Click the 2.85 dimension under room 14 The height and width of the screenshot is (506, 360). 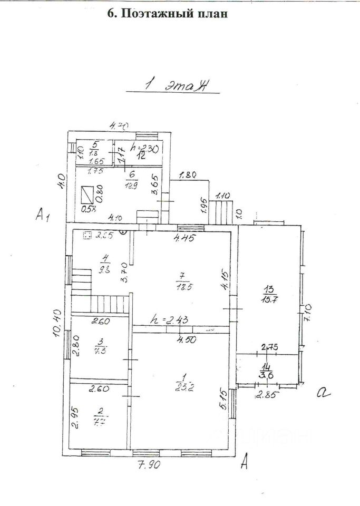[267, 395]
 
